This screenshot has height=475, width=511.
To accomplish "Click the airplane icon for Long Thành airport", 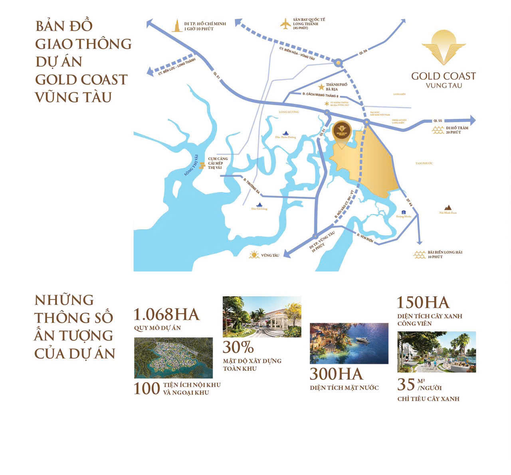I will click(285, 24).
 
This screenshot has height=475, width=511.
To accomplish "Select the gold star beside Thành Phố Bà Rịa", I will click(320, 87).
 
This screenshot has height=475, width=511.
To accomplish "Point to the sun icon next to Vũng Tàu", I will click(254, 255).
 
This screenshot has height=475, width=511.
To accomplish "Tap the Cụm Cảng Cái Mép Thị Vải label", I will click(218, 163).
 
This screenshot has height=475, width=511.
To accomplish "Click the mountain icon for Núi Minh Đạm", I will click(448, 207).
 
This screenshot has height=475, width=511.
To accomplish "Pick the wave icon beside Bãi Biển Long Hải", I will click(419, 254).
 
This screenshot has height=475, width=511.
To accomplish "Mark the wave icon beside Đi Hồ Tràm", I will click(438, 130).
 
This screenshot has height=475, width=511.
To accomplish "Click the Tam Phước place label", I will click(424, 163).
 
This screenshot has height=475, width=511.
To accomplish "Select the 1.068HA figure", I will click(166, 315).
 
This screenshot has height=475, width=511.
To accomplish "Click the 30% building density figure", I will click(238, 347).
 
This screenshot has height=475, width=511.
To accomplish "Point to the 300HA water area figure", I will click(337, 374).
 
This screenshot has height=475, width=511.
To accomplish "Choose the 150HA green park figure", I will click(423, 303).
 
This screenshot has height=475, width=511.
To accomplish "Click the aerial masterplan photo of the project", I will click(173, 358).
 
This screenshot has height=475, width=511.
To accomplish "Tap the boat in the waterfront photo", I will click(364, 340).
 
